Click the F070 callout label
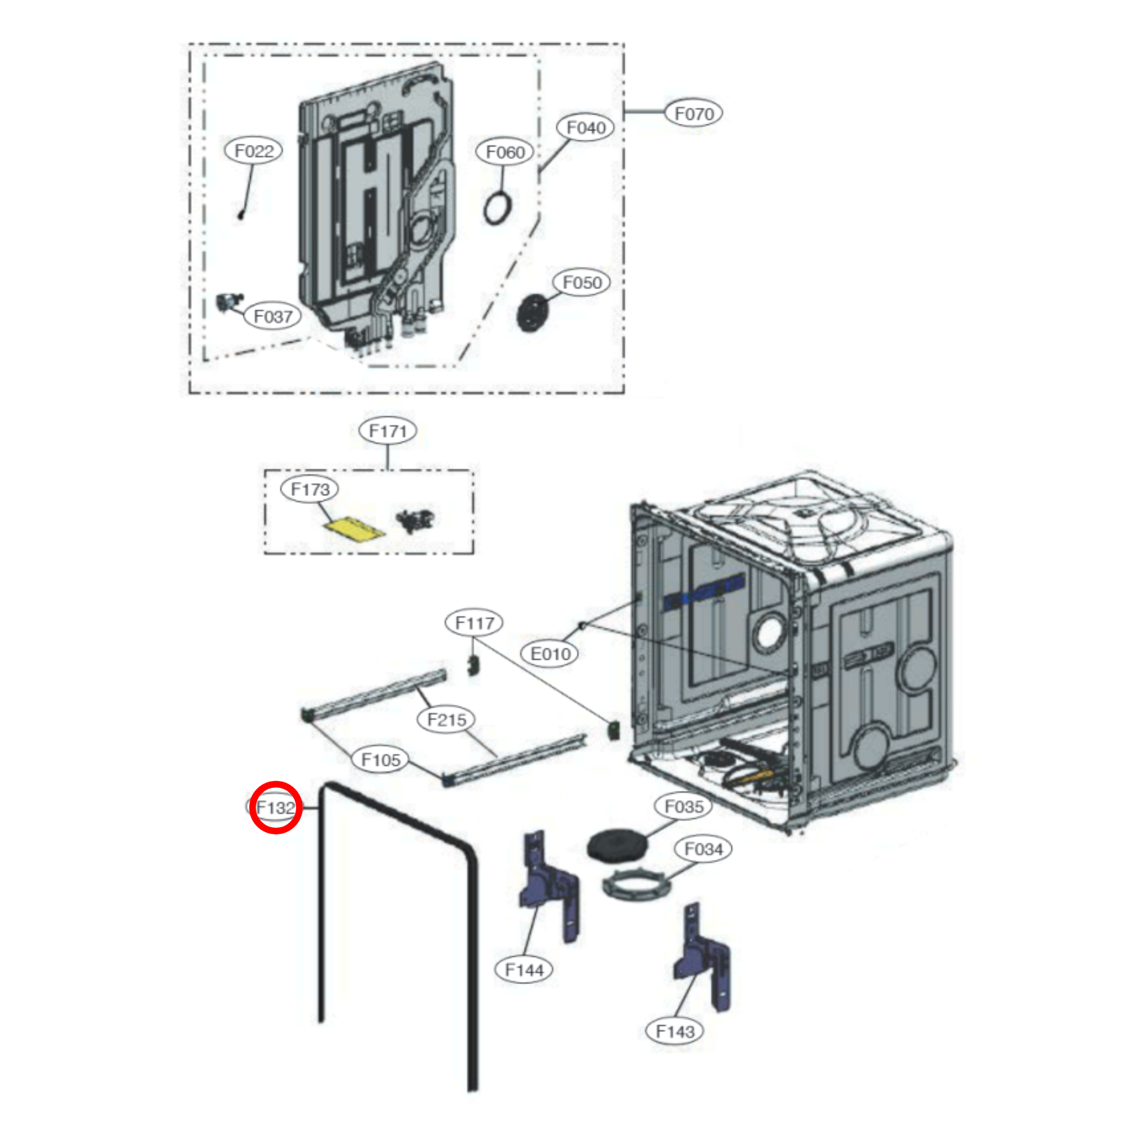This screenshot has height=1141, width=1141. [x=694, y=113]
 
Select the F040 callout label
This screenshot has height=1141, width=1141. [x=586, y=128]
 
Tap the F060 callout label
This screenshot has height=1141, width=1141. [x=505, y=152]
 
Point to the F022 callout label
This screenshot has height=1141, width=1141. [x=254, y=151]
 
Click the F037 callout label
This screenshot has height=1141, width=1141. [x=273, y=317]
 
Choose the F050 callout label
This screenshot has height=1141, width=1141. [x=582, y=282]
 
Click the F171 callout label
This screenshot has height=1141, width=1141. [x=388, y=431]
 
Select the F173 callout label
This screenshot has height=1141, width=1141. [x=310, y=489]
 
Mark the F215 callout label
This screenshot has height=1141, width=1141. [x=447, y=720]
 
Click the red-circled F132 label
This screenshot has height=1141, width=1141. [x=276, y=807]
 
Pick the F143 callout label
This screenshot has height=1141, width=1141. [x=675, y=1032]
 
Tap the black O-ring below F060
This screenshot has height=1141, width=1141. [x=498, y=209]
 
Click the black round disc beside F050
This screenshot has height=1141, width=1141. [x=533, y=313]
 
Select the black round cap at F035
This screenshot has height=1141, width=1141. [x=618, y=845]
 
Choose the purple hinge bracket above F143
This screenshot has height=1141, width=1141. [x=702, y=957]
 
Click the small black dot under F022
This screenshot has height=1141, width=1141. [x=241, y=215]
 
